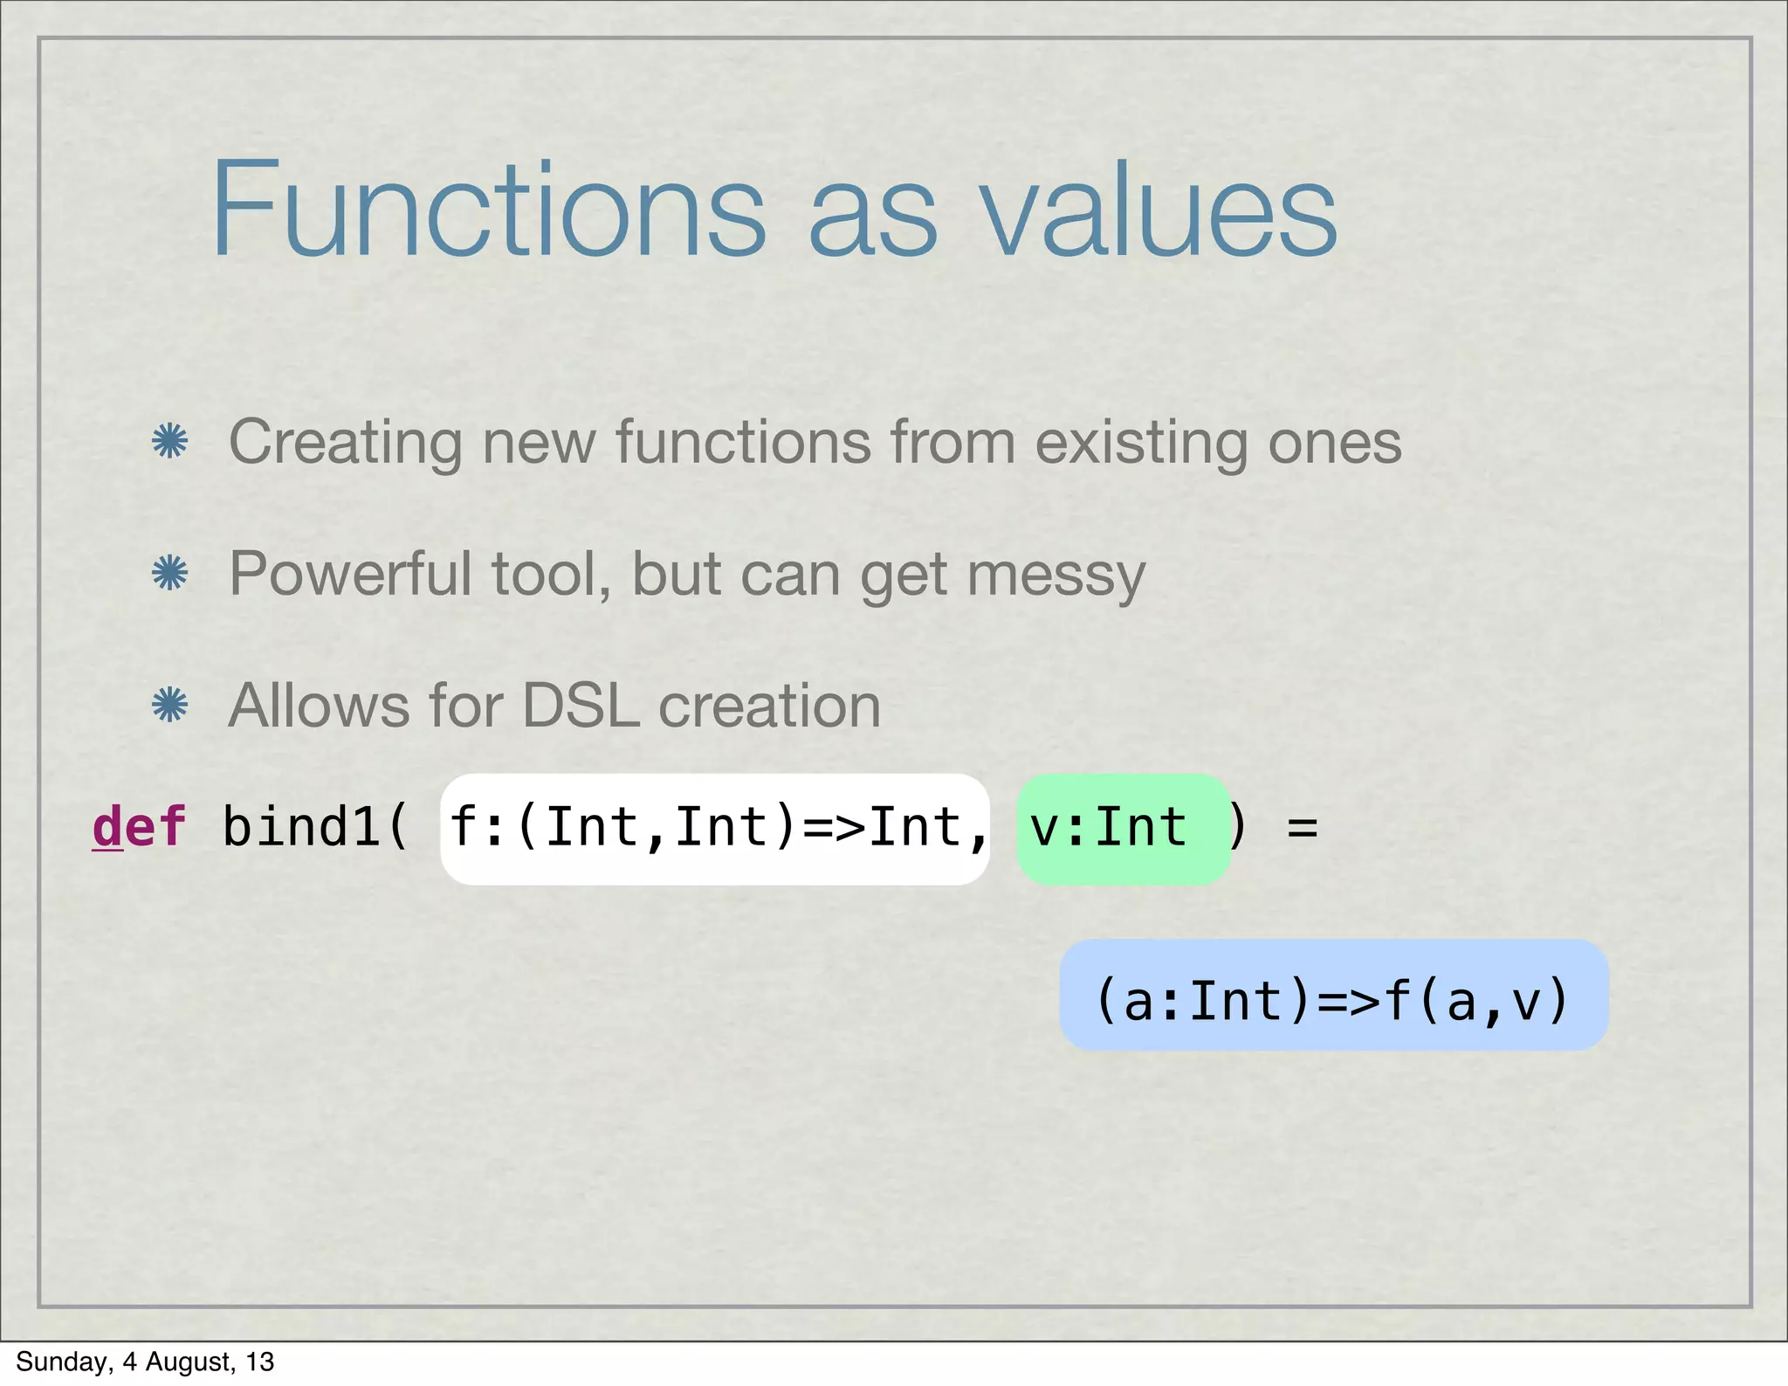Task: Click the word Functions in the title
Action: pyautogui.click(x=489, y=210)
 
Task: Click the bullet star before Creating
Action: pyautogui.click(x=169, y=441)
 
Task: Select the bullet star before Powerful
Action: pyautogui.click(x=169, y=574)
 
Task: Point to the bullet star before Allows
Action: pyautogui.click(x=169, y=705)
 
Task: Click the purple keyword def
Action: pyautogui.click(x=140, y=826)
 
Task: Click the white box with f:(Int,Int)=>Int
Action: pyautogui.click(x=714, y=828)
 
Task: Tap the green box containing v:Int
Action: pyautogui.click(x=1123, y=828)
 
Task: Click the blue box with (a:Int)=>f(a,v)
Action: pyautogui.click(x=1333, y=996)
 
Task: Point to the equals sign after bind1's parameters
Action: pyautogui.click(x=1302, y=828)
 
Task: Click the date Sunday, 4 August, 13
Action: pyautogui.click(x=145, y=1362)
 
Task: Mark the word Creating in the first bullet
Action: pyautogui.click(x=345, y=443)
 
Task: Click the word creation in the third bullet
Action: pyautogui.click(x=769, y=706)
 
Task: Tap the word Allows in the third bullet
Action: pyautogui.click(x=320, y=706)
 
